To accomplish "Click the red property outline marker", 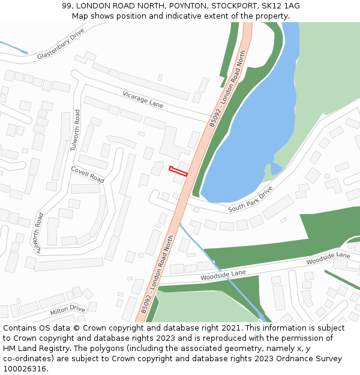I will click(x=178, y=171).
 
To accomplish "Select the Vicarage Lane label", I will click(x=143, y=100).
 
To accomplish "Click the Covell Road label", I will click(x=88, y=175).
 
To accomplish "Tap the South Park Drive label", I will click(x=251, y=199).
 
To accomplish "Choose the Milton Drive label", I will click(x=68, y=310).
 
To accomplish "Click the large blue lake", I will click(x=252, y=132).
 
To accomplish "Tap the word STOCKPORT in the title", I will click(x=232, y=6).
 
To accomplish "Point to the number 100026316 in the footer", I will click(x=24, y=368).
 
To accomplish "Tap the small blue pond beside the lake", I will click(x=275, y=168).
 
